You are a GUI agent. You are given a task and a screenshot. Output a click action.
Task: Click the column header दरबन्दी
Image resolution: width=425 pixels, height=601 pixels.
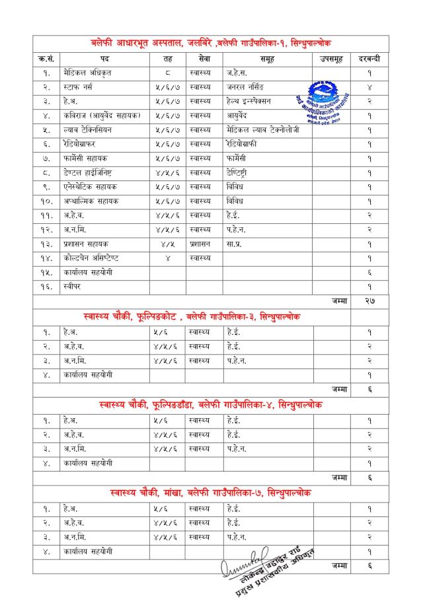point(369,59)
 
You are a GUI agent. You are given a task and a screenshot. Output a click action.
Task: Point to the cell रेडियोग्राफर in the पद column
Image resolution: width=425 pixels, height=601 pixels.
point(81,144)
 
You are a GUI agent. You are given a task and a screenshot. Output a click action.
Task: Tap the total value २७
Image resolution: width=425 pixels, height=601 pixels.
point(369,300)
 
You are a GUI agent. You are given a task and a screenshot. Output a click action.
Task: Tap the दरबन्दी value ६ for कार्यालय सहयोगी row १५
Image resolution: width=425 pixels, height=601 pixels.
point(369,272)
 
